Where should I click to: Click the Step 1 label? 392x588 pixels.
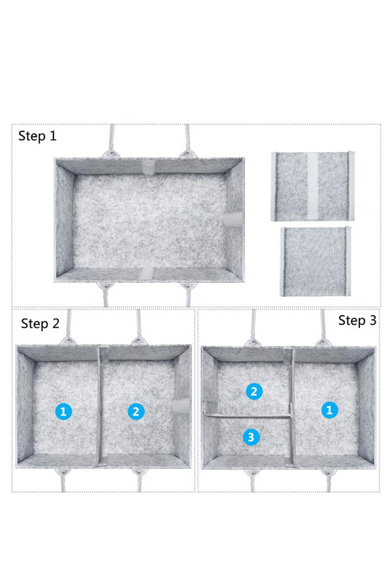coord(37,136)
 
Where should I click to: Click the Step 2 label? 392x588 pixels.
coord(40,323)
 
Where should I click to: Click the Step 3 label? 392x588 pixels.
coord(357,320)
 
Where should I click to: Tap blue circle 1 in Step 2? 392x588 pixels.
coord(63,412)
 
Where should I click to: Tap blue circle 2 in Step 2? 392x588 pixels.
coord(136,412)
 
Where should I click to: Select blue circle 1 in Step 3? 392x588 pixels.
coord(330,410)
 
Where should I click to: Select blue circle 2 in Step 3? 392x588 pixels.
coord(254,391)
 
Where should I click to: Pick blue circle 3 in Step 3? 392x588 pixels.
coord(251,437)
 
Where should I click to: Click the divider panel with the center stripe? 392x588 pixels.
coord(312,186)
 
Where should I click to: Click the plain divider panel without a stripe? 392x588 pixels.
coord(316,261)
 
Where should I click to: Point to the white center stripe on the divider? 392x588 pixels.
coord(313,186)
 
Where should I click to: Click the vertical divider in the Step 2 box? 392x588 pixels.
coord(100,406)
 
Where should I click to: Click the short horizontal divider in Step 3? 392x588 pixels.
coord(249,416)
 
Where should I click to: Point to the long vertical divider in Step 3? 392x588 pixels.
coord(292,408)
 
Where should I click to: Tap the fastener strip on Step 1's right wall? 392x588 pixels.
coord(235,219)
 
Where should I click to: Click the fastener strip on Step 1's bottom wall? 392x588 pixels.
coord(147,274)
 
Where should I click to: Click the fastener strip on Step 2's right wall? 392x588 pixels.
coord(182,405)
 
